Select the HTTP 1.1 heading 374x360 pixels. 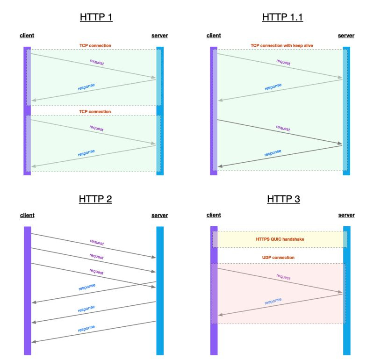click(283, 17)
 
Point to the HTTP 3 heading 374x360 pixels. click(283, 199)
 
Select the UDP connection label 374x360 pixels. click(280, 258)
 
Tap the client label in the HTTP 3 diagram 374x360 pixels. click(214, 215)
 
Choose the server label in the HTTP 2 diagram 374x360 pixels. click(160, 216)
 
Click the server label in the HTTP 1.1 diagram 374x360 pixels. click(346, 36)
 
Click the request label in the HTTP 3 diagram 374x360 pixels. click(283, 277)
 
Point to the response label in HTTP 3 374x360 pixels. click(273, 302)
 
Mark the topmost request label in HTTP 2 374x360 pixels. click(96, 243)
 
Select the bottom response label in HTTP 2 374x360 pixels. click(86, 329)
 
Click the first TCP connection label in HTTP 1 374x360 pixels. click(94, 45)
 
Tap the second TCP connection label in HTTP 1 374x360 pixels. click(94, 112)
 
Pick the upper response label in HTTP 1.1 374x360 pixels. click(273, 87)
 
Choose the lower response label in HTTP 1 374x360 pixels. click(86, 153)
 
